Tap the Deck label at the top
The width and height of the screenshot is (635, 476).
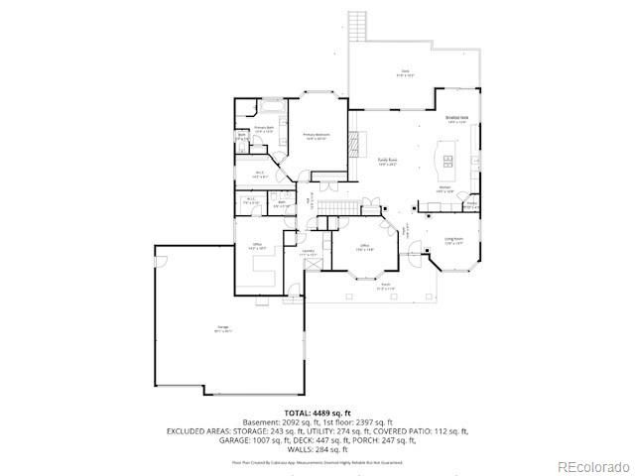(405, 71)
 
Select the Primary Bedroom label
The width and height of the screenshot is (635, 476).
(317, 136)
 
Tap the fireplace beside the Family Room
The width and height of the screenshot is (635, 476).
(349, 144)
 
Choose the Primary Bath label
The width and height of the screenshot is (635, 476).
(263, 129)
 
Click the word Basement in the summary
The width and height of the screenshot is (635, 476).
(260, 422)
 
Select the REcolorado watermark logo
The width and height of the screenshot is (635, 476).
(592, 466)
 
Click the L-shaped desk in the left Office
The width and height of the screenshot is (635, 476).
(266, 266)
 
